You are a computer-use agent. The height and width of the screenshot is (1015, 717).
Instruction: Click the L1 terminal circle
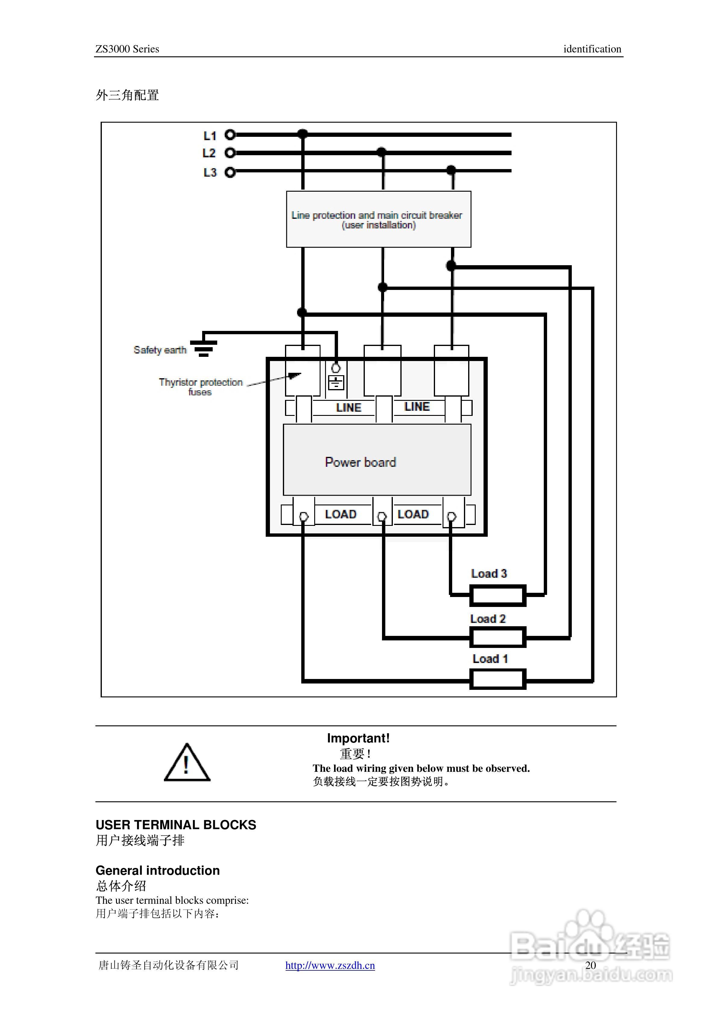230,134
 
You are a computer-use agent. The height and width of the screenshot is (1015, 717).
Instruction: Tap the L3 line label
210,172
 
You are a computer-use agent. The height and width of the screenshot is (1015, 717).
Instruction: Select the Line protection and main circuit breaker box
378,219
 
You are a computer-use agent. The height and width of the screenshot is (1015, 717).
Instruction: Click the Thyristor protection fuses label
201,387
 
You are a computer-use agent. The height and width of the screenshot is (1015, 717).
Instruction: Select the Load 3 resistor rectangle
498,595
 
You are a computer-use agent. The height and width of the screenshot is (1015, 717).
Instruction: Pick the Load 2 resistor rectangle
498,637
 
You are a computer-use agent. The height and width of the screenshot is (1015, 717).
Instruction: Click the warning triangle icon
187,763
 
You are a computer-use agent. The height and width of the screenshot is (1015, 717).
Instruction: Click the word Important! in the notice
358,738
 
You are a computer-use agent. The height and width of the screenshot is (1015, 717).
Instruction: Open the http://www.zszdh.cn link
330,966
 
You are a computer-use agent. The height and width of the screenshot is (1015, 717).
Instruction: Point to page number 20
590,966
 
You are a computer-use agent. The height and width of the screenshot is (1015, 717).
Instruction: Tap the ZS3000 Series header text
127,49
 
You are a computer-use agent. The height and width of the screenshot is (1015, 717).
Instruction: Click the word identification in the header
592,49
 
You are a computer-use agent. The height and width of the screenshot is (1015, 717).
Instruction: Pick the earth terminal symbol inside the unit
336,382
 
